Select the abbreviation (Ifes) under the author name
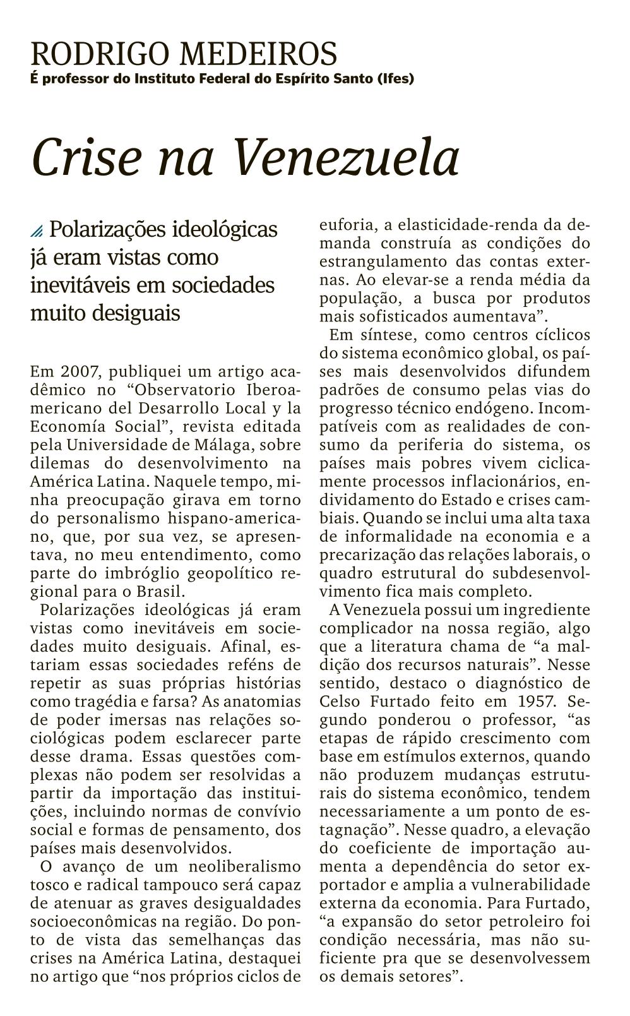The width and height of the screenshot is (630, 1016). pos(395,79)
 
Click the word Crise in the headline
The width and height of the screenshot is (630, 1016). pos(86,157)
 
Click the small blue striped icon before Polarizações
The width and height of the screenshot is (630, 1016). pos(37,231)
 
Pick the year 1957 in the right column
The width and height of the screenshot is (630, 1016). pos(538,701)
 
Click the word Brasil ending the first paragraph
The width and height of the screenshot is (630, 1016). pos(161,592)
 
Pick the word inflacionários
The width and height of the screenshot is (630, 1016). pos(486,482)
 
